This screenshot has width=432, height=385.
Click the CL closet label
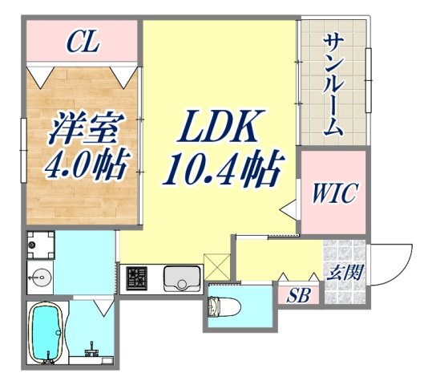coord(83,41)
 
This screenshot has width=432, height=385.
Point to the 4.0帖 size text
coord(83,166)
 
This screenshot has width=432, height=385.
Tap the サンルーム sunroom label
coord(334,83)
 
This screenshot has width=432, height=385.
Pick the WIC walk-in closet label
coord(335,192)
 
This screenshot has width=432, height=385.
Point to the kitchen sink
coord(182,280)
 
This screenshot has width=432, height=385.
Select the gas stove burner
coord(136,279)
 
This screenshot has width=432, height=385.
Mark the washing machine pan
coord(40,243)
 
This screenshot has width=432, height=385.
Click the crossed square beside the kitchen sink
coord(216,265)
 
